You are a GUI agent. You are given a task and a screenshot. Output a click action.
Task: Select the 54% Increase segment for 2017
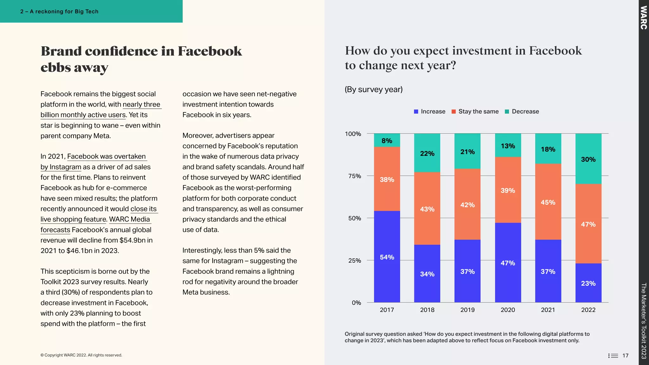[387, 257]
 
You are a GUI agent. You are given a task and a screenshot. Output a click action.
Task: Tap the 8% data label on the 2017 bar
[387, 141]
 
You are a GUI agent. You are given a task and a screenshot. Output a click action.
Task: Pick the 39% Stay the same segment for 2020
[508, 190]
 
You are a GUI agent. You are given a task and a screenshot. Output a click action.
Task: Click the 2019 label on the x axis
[467, 310]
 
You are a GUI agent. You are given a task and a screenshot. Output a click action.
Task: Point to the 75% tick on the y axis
[355, 176]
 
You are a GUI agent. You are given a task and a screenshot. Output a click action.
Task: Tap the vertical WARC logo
[643, 18]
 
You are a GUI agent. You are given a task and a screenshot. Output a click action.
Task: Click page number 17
[625, 355]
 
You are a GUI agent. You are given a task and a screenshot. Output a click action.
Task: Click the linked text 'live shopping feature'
[73, 219]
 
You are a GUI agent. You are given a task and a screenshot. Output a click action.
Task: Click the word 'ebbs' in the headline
[55, 67]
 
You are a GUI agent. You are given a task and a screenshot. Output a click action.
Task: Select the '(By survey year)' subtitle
[374, 89]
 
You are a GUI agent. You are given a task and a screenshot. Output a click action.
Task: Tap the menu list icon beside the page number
[613, 355]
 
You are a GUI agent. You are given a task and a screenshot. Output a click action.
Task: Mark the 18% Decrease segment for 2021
[548, 149]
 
